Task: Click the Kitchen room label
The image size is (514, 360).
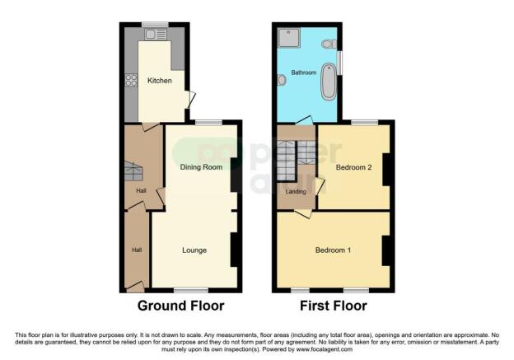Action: pos(159,81)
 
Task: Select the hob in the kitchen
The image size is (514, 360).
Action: pos(130,81)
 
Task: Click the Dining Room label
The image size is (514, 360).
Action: pos(202,167)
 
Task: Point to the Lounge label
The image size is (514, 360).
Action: pos(194,250)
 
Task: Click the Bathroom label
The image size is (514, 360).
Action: pos(304,72)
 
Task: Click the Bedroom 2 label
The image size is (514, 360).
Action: pos(354,167)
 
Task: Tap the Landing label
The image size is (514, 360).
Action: pos(295,192)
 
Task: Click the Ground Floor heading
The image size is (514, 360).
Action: pos(180,306)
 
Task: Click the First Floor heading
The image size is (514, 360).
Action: pos(333,306)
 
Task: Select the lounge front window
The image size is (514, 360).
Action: pos(191,290)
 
